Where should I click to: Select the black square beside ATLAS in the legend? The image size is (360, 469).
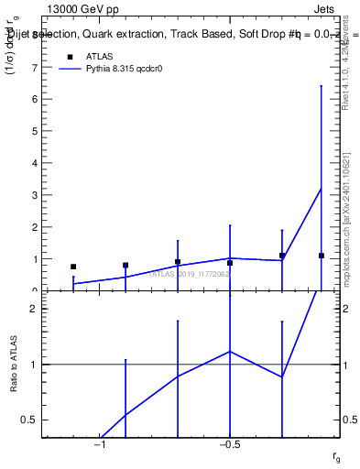click(69, 58)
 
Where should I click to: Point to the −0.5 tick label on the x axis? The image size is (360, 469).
click(230, 445)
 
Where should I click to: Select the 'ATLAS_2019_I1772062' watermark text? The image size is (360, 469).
click(189, 273)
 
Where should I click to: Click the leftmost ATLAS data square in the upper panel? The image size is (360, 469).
click(73, 267)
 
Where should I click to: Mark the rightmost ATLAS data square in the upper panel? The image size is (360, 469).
click(321, 256)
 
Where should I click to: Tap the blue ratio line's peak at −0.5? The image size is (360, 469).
click(230, 351)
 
